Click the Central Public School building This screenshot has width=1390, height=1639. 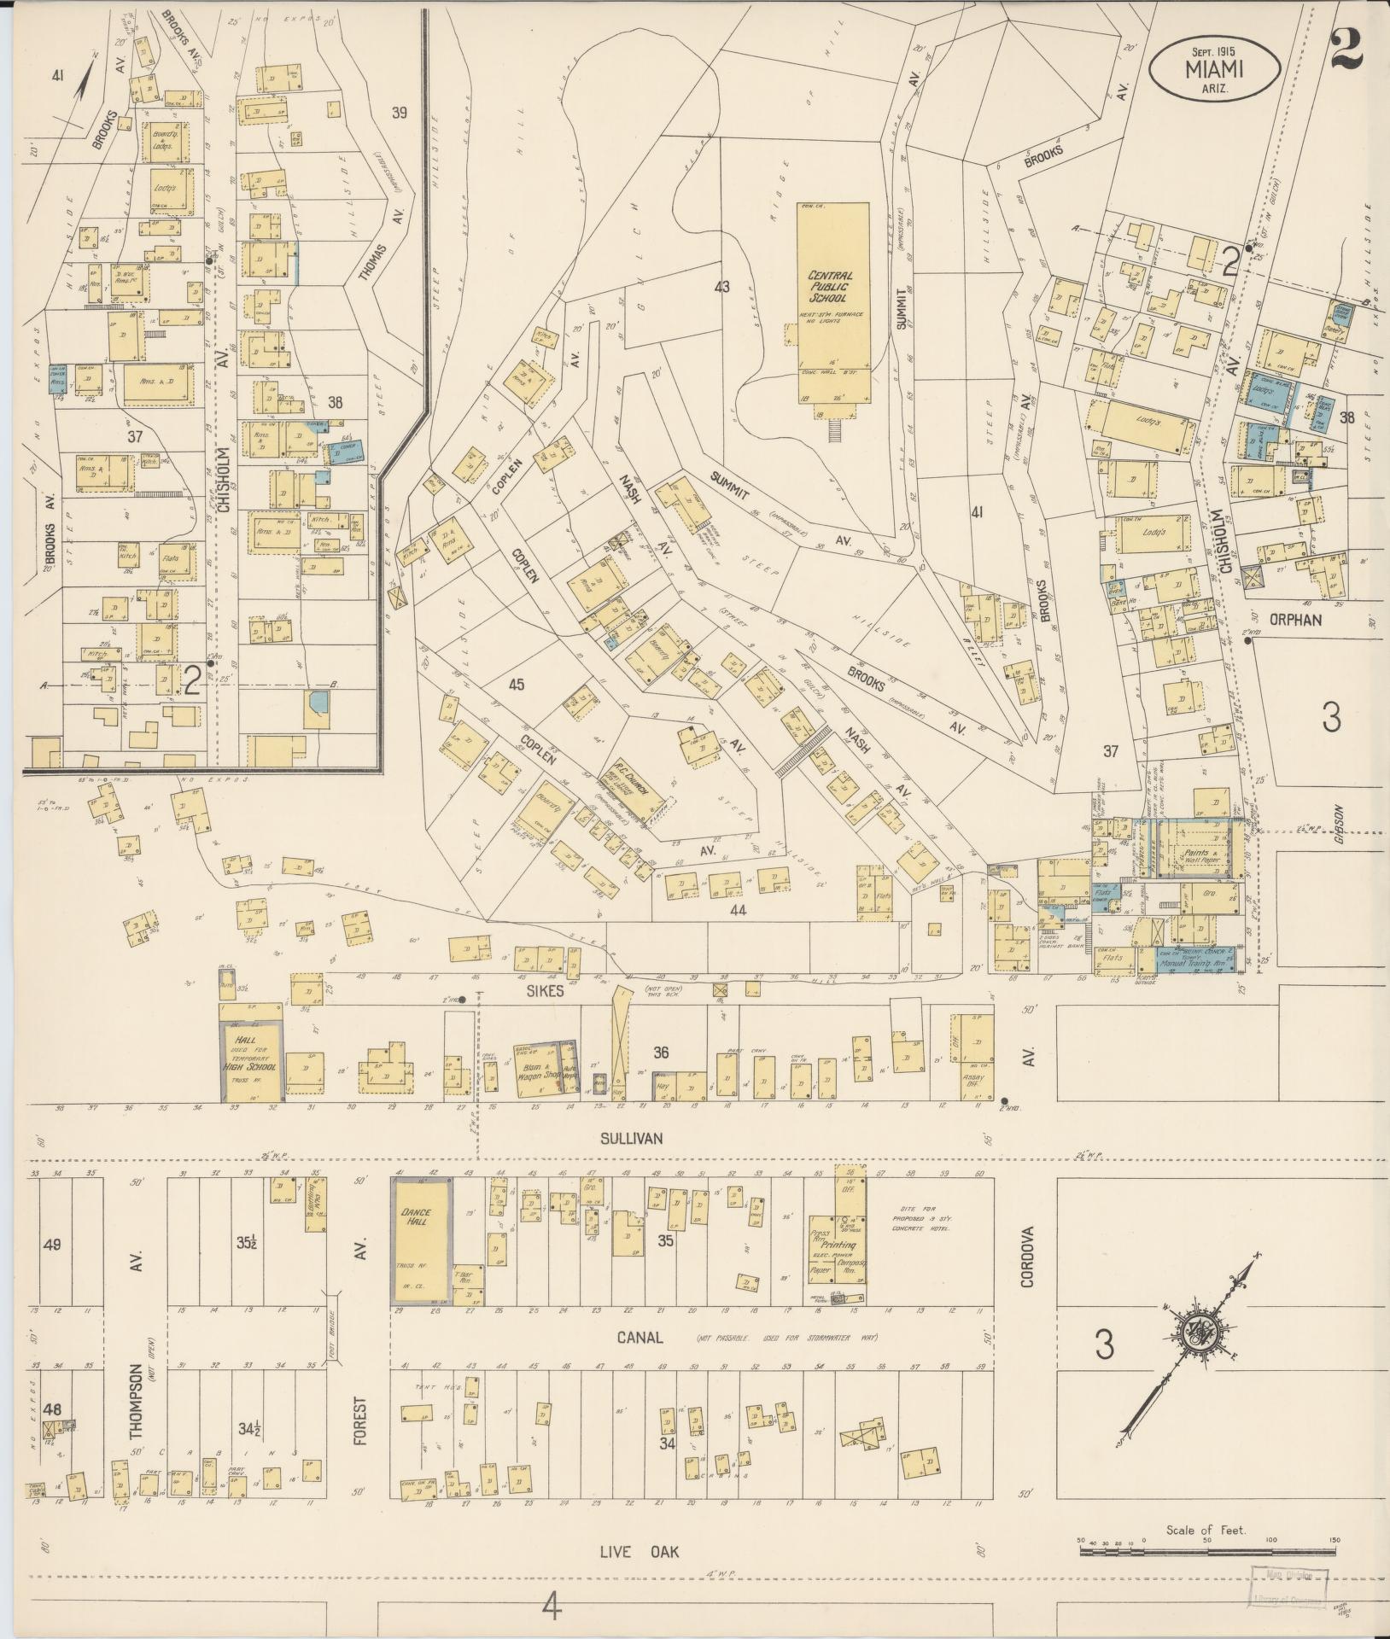(832, 302)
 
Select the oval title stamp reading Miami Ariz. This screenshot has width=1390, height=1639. (1213, 66)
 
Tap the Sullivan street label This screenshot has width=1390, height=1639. (631, 1138)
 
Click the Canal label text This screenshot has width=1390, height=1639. (640, 1338)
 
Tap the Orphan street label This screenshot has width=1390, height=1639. (1295, 620)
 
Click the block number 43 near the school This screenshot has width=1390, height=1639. (722, 287)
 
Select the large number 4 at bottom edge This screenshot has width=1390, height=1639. (552, 1608)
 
